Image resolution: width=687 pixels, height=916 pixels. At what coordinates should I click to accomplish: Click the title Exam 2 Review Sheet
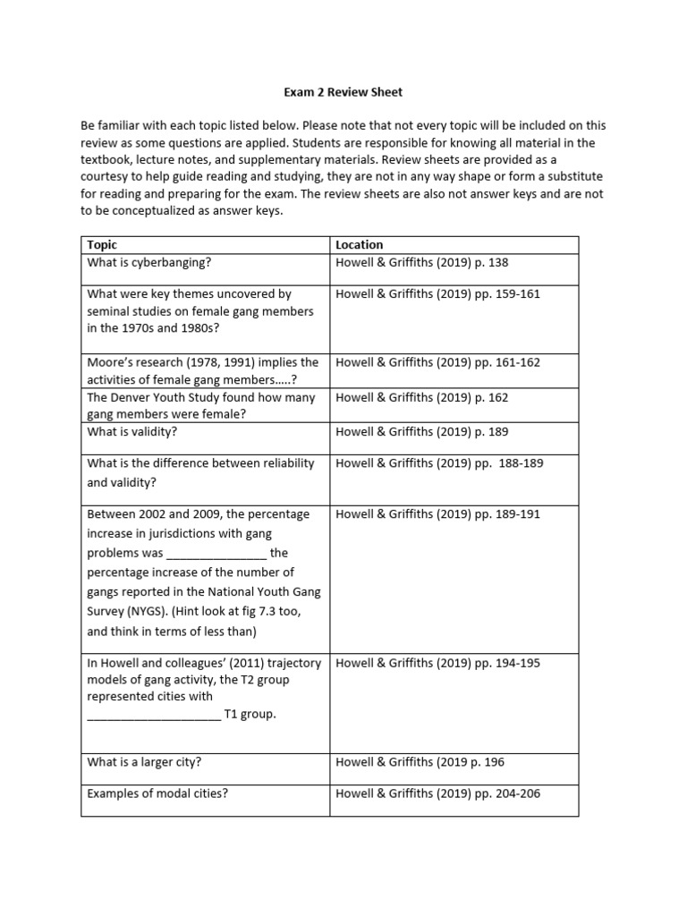point(343,91)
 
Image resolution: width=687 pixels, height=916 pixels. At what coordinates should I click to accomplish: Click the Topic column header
point(102,244)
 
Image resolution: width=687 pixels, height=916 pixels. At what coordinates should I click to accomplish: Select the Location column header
point(359,244)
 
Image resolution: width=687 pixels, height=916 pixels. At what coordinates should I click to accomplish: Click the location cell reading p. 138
point(421,262)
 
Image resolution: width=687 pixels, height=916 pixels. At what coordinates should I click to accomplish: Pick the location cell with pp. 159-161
point(437,293)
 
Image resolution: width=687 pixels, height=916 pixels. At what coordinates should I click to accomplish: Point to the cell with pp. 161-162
point(437,362)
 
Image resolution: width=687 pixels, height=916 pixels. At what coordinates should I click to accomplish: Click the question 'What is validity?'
point(131,431)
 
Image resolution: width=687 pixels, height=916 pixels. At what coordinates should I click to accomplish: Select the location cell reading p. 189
point(421,431)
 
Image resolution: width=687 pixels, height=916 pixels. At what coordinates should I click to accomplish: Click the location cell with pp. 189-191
point(437,514)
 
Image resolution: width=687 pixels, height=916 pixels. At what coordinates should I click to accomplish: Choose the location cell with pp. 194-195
point(437,663)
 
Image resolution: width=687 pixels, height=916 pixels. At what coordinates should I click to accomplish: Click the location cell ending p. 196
point(420,762)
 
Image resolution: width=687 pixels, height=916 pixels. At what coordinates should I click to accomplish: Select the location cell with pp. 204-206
point(437,793)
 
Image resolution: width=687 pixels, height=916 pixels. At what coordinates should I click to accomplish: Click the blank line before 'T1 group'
point(153,715)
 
